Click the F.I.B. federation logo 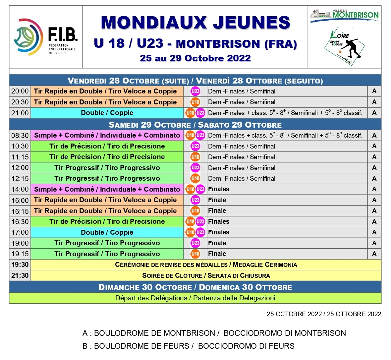coord(46,37)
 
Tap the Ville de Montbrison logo coord(344,15)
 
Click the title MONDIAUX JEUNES coord(195,23)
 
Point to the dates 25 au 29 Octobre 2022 coord(195,58)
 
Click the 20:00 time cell coord(20,91)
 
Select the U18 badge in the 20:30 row coord(195,102)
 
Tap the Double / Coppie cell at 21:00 coord(107,113)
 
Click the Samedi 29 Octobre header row coord(195,125)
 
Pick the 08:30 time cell coord(20,135)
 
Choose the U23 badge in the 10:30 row coord(195,146)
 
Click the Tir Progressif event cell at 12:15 coord(107,178)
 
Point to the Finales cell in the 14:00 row coord(219,189)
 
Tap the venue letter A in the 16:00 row coord(374,200)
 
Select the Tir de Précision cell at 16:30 coord(107,221)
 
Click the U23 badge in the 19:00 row coord(195,243)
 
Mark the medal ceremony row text coord(206,265)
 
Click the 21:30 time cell coord(20,275)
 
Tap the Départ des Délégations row coord(195,298)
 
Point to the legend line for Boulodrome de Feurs coord(188,346)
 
